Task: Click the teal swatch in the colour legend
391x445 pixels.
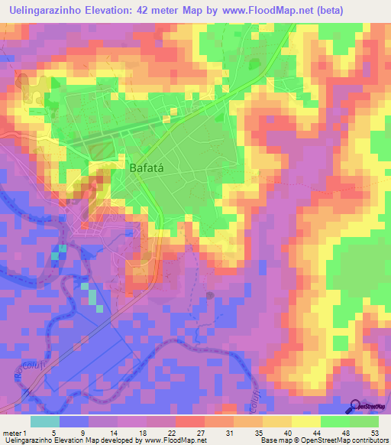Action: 45,421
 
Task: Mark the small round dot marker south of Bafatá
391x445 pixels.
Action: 211,294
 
